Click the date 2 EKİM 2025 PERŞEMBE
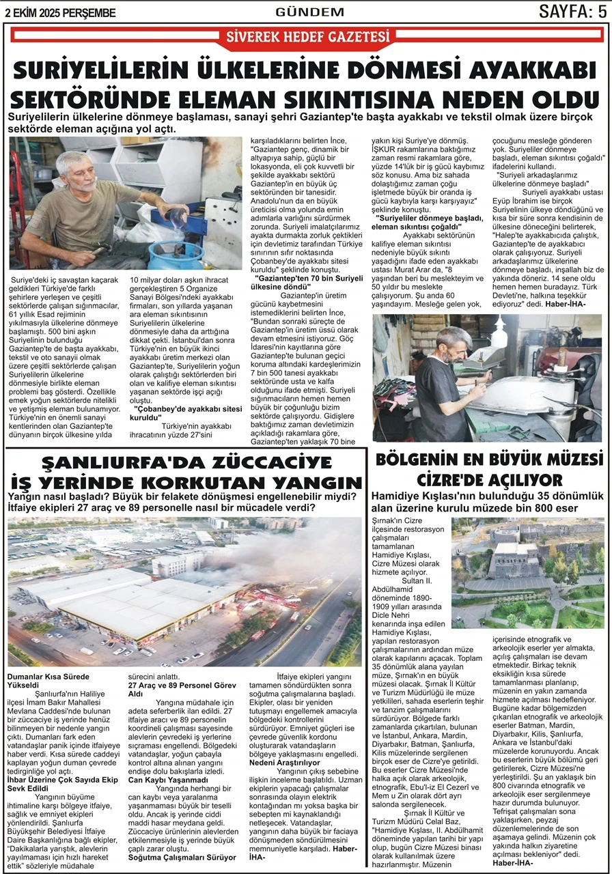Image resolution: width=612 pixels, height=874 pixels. coord(60,12)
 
